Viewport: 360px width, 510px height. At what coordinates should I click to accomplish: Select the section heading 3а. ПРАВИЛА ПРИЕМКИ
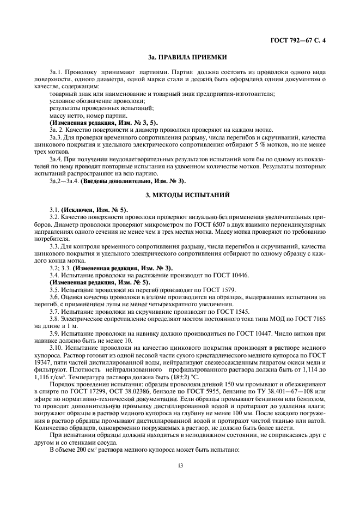pos(180,57)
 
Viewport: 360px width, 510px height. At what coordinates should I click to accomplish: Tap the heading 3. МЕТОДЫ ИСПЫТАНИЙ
pos(180,195)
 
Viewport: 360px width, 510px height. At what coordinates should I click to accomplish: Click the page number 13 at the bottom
pos(180,465)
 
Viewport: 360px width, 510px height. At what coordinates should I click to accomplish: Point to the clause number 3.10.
pos(56,347)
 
